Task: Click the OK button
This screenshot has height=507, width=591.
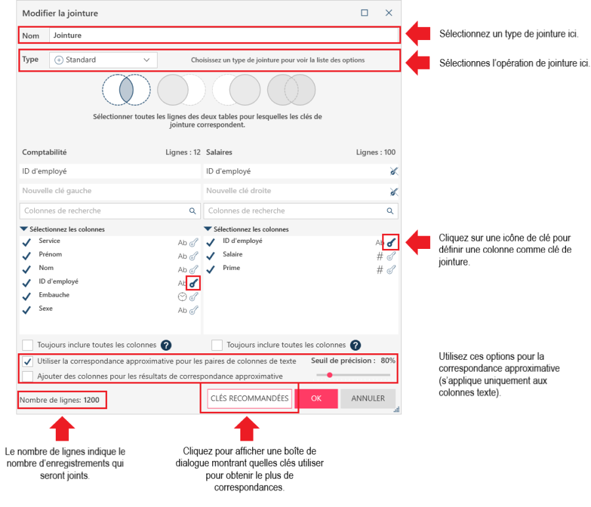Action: click(316, 399)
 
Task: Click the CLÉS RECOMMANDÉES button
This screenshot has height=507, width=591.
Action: click(250, 399)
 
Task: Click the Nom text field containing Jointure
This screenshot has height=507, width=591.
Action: click(223, 35)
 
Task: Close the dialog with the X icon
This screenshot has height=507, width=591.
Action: click(389, 13)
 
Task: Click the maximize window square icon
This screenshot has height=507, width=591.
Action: click(364, 13)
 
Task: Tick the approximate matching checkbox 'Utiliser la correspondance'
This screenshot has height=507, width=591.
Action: click(28, 361)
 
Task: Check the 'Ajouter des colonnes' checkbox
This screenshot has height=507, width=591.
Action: click(28, 376)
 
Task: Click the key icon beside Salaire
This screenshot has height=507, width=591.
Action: click(391, 255)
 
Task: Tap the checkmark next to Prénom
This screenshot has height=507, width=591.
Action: click(27, 255)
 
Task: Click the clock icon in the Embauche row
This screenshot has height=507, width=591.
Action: click(182, 296)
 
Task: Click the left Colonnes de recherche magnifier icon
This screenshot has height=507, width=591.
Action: click(192, 211)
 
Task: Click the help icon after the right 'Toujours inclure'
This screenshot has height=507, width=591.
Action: click(355, 345)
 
